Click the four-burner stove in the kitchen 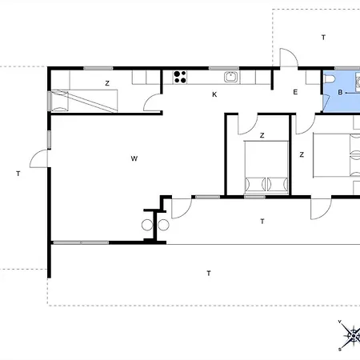click(x=180, y=77)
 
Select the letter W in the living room click(x=134, y=158)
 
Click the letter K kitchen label click(x=214, y=94)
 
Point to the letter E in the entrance click(x=295, y=92)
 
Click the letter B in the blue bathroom click(x=340, y=92)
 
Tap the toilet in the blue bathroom click(x=329, y=79)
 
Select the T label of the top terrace click(x=323, y=38)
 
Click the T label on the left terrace click(x=18, y=174)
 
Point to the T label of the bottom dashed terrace click(x=209, y=274)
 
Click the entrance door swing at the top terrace click(x=289, y=57)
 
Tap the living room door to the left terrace click(x=38, y=158)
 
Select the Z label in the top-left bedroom click(x=107, y=83)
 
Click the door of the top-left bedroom click(x=152, y=102)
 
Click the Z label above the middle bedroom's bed click(x=262, y=135)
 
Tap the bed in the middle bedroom click(x=266, y=167)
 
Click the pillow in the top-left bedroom click(x=60, y=101)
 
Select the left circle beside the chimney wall click(x=147, y=225)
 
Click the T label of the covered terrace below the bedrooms click(x=262, y=222)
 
